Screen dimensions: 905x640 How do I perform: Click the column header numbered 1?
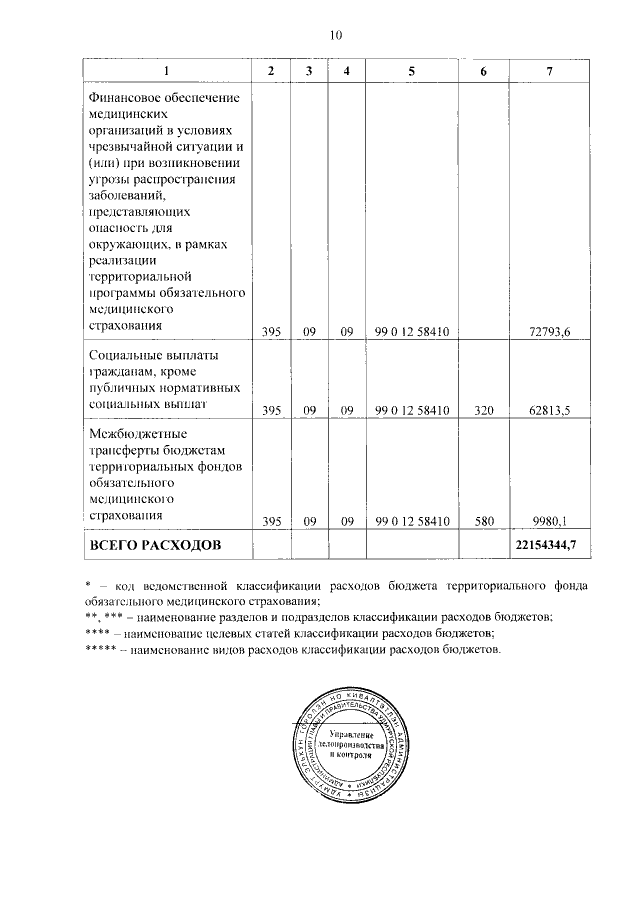click(167, 71)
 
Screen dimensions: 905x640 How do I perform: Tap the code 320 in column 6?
click(484, 410)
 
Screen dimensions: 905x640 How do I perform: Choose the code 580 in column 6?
click(484, 521)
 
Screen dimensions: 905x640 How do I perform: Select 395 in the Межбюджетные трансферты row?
click(271, 521)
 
